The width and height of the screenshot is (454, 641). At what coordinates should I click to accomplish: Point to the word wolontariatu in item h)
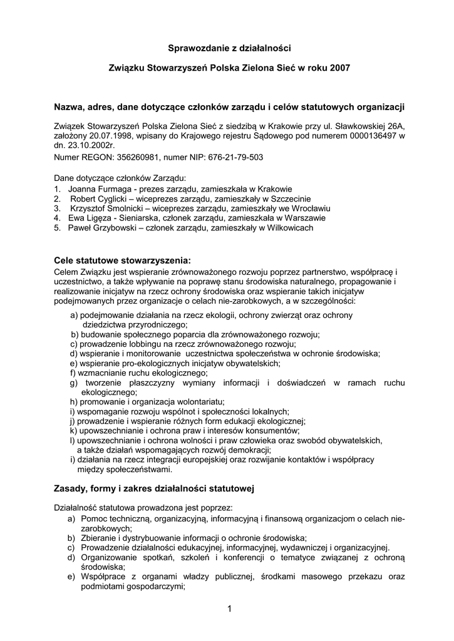(199, 401)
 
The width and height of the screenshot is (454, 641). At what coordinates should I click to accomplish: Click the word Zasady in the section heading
(73, 487)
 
